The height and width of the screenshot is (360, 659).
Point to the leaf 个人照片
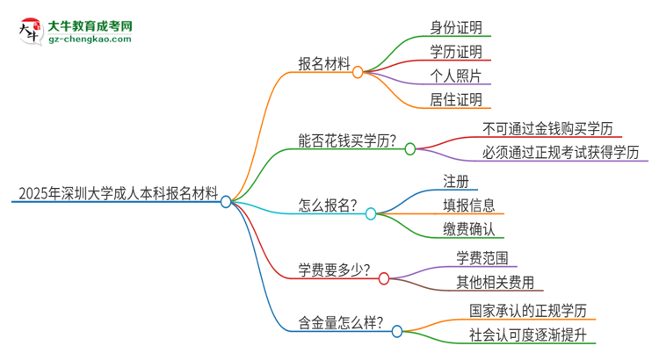(454, 75)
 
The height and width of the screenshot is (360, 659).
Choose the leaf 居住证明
(454, 100)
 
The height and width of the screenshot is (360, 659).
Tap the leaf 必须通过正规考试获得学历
(560, 153)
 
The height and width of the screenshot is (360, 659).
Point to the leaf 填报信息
(468, 205)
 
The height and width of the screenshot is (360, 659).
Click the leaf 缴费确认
(468, 231)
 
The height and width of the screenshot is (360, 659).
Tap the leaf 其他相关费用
(494, 283)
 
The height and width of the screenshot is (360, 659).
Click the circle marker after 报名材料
(358, 73)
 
